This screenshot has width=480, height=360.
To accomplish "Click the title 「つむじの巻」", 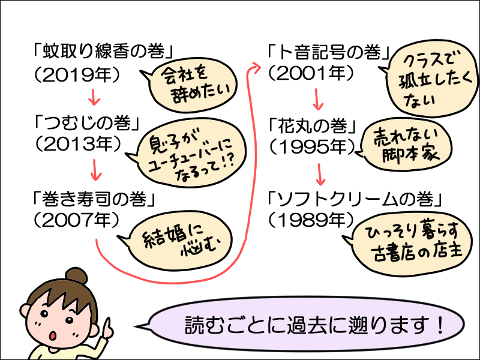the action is [x=88, y=125].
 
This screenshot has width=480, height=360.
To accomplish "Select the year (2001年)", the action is [x=312, y=73].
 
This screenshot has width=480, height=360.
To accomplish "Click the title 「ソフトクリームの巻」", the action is [x=358, y=197].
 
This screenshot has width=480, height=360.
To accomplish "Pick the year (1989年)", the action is [x=312, y=219].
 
